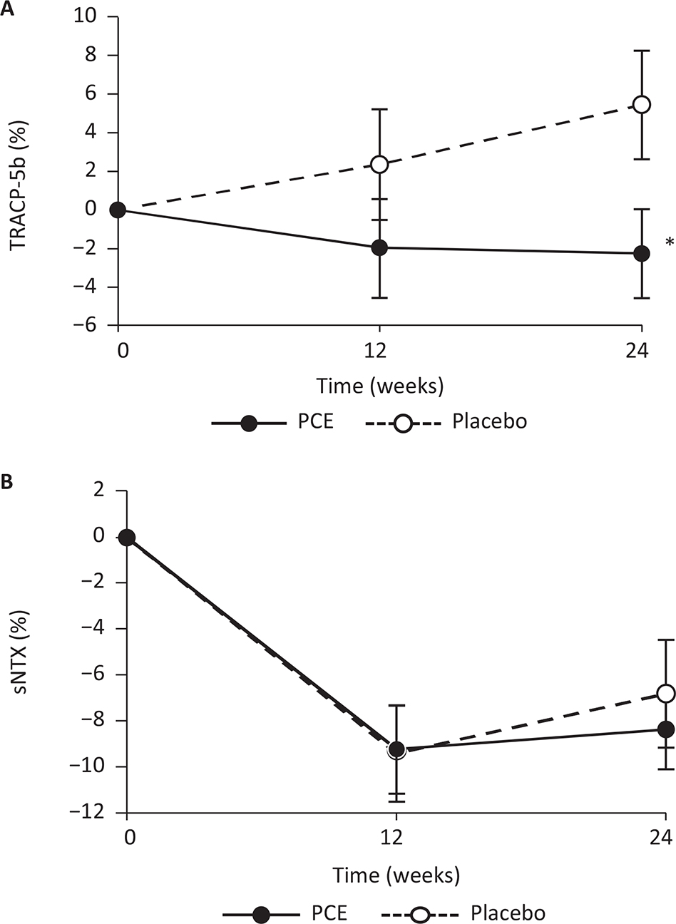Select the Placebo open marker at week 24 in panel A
click(642, 105)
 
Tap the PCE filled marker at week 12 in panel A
click(379, 247)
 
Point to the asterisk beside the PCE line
click(669, 243)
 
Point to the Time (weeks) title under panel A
click(380, 387)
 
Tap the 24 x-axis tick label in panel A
click(642, 351)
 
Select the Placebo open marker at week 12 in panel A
click(379, 165)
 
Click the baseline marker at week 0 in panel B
click(127, 538)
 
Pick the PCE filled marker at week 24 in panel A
click(642, 253)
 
